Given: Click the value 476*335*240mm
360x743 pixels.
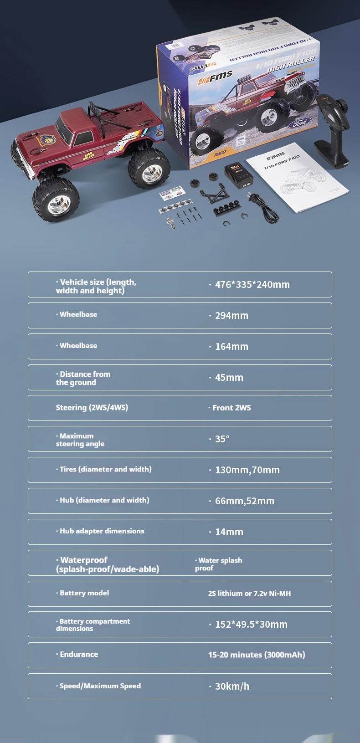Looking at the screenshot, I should [x=252, y=285].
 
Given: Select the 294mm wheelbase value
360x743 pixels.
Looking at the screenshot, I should [x=231, y=315].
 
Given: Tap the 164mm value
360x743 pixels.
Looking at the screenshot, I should [x=231, y=346].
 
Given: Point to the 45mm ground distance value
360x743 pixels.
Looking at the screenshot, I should [x=229, y=377].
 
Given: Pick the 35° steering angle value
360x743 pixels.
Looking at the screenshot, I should [x=222, y=439].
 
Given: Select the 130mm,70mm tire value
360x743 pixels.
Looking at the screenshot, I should [x=247, y=470].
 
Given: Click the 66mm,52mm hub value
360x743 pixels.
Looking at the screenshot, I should [x=244, y=501].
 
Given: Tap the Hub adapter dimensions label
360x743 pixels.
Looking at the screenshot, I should [x=102, y=531].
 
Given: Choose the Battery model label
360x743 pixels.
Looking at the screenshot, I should [x=84, y=593].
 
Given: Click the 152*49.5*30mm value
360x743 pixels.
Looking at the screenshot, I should [x=251, y=624].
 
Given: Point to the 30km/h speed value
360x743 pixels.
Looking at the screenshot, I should [x=232, y=686].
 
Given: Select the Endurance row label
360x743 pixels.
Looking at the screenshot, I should [x=79, y=655].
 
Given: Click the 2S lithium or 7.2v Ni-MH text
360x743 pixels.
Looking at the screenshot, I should [x=249, y=594].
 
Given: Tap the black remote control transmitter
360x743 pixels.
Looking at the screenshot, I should [x=331, y=130].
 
